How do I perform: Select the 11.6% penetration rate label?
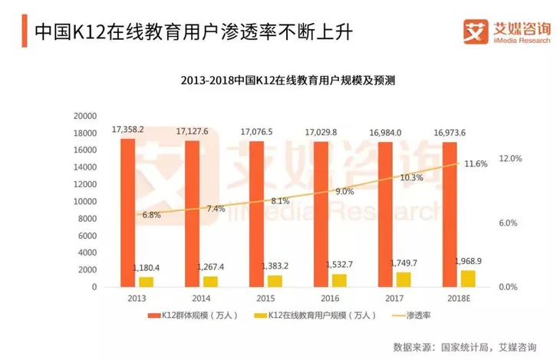(x=476, y=163)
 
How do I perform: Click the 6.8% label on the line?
(x=151, y=215)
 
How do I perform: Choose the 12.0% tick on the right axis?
(x=510, y=159)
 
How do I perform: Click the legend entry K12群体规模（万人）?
(x=192, y=316)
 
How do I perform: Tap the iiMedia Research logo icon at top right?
(x=474, y=31)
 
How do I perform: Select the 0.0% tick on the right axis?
(x=510, y=287)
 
